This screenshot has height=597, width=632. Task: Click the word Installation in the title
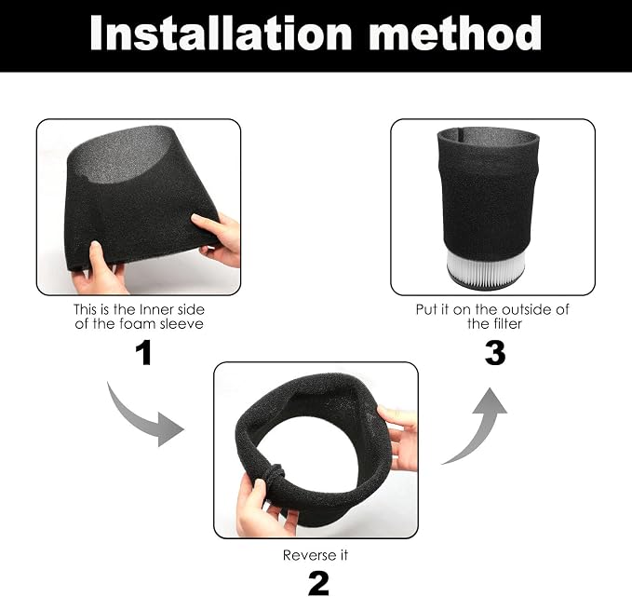[x=222, y=34]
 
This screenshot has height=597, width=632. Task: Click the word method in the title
[x=454, y=33]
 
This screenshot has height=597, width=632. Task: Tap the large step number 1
[x=144, y=353]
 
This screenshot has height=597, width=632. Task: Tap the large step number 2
[x=318, y=583]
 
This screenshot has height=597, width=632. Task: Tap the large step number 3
[x=495, y=353]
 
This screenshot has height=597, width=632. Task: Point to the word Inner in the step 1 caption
[x=154, y=309]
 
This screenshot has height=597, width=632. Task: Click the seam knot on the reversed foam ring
[x=276, y=474]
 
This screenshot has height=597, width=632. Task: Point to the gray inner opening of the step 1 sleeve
[x=121, y=156]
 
